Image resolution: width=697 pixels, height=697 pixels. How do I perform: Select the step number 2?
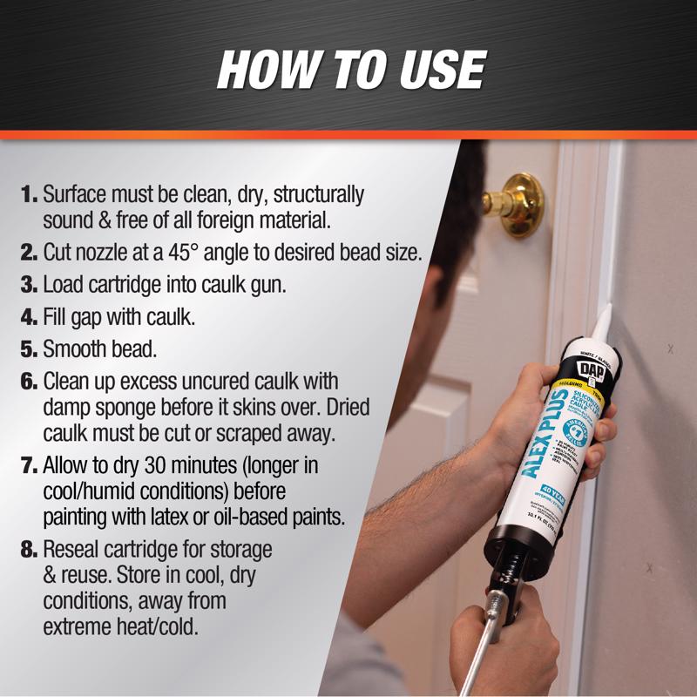pyautogui.click(x=30, y=254)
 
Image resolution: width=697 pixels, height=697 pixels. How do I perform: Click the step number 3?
pyautogui.click(x=30, y=286)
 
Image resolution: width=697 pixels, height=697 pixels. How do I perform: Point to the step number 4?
pyautogui.click(x=30, y=318)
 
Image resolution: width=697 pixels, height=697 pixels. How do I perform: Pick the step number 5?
pyautogui.click(x=30, y=350)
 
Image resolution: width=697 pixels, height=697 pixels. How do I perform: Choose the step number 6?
pyautogui.click(x=30, y=382)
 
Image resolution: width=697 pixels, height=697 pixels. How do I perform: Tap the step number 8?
pyautogui.click(x=30, y=552)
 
